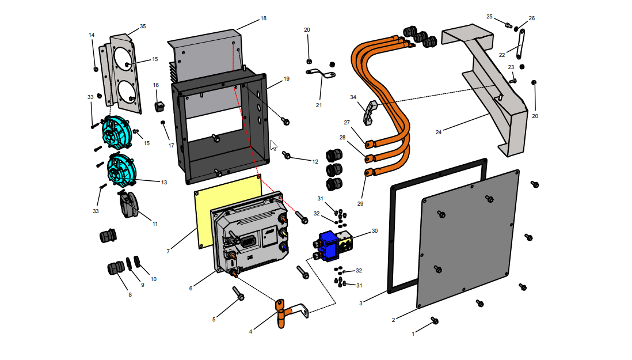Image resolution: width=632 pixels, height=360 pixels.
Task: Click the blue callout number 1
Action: (413, 334)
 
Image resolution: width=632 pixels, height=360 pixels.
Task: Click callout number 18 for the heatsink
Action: (263, 18)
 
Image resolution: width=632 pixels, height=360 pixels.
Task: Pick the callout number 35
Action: (143, 26)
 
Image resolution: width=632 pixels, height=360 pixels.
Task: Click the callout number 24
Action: (439, 132)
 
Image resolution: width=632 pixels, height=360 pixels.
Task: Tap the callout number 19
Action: (286, 78)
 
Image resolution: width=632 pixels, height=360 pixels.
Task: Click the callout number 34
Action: (353, 97)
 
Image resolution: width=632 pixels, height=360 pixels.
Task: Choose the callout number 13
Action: (164, 183)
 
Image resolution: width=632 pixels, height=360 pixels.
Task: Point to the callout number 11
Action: (155, 223)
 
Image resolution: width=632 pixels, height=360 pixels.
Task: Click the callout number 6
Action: (191, 288)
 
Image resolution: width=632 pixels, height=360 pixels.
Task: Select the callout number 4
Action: (250, 331)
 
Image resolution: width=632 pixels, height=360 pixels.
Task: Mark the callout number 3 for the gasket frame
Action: (361, 303)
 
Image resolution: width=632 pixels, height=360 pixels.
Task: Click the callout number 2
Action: (393, 320)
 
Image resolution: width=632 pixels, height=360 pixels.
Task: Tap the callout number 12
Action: (315, 162)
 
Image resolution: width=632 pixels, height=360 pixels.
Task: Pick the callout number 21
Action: (318, 105)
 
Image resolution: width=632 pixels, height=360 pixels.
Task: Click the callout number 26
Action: (531, 18)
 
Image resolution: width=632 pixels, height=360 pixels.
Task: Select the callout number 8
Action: (130, 294)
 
